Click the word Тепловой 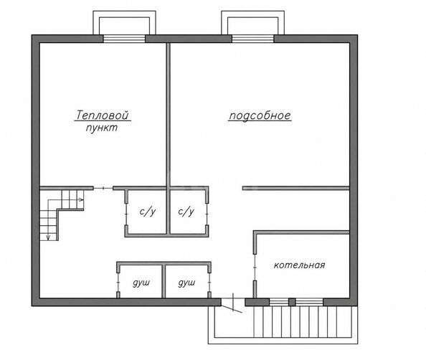(102, 115)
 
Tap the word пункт (102, 128)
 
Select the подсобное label (260, 115)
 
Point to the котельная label (299, 265)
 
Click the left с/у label (148, 212)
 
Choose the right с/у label (186, 212)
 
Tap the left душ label (141, 283)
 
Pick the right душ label (186, 283)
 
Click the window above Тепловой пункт (125, 39)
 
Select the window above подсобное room (253, 39)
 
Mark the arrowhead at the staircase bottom (48, 237)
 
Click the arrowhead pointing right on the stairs (81, 199)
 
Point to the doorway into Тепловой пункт (103, 188)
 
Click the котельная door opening (255, 267)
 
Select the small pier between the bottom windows (292, 302)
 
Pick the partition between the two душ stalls (164, 281)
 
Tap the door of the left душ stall (118, 283)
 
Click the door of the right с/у (207, 214)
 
